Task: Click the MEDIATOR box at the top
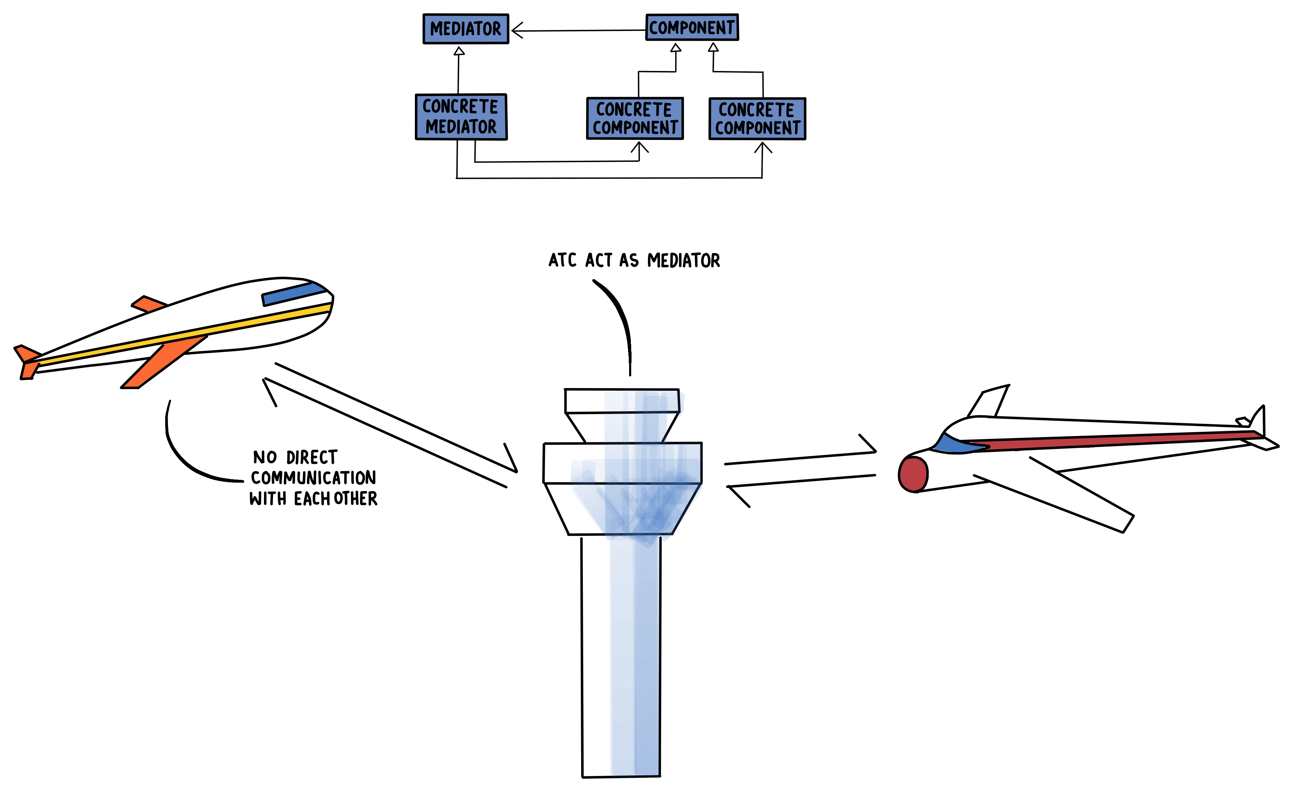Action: [465, 29]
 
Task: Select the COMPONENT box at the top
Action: [692, 27]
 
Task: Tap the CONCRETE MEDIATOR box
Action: [461, 117]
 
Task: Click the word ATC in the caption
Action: [562, 260]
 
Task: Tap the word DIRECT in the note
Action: [311, 458]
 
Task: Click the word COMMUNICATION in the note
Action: [313, 477]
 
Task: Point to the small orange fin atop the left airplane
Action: [148, 303]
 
